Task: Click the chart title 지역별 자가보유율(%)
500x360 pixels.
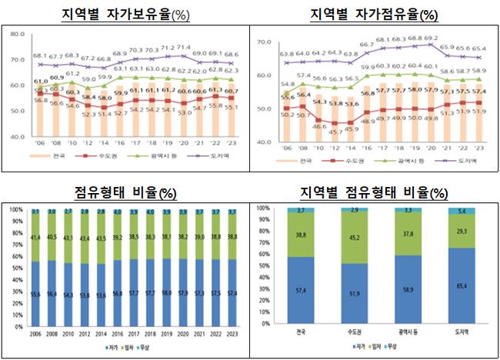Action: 126,14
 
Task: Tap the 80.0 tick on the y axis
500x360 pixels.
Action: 18,33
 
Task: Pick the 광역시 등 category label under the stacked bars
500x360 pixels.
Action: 408,332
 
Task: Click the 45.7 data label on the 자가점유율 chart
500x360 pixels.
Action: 337,132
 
